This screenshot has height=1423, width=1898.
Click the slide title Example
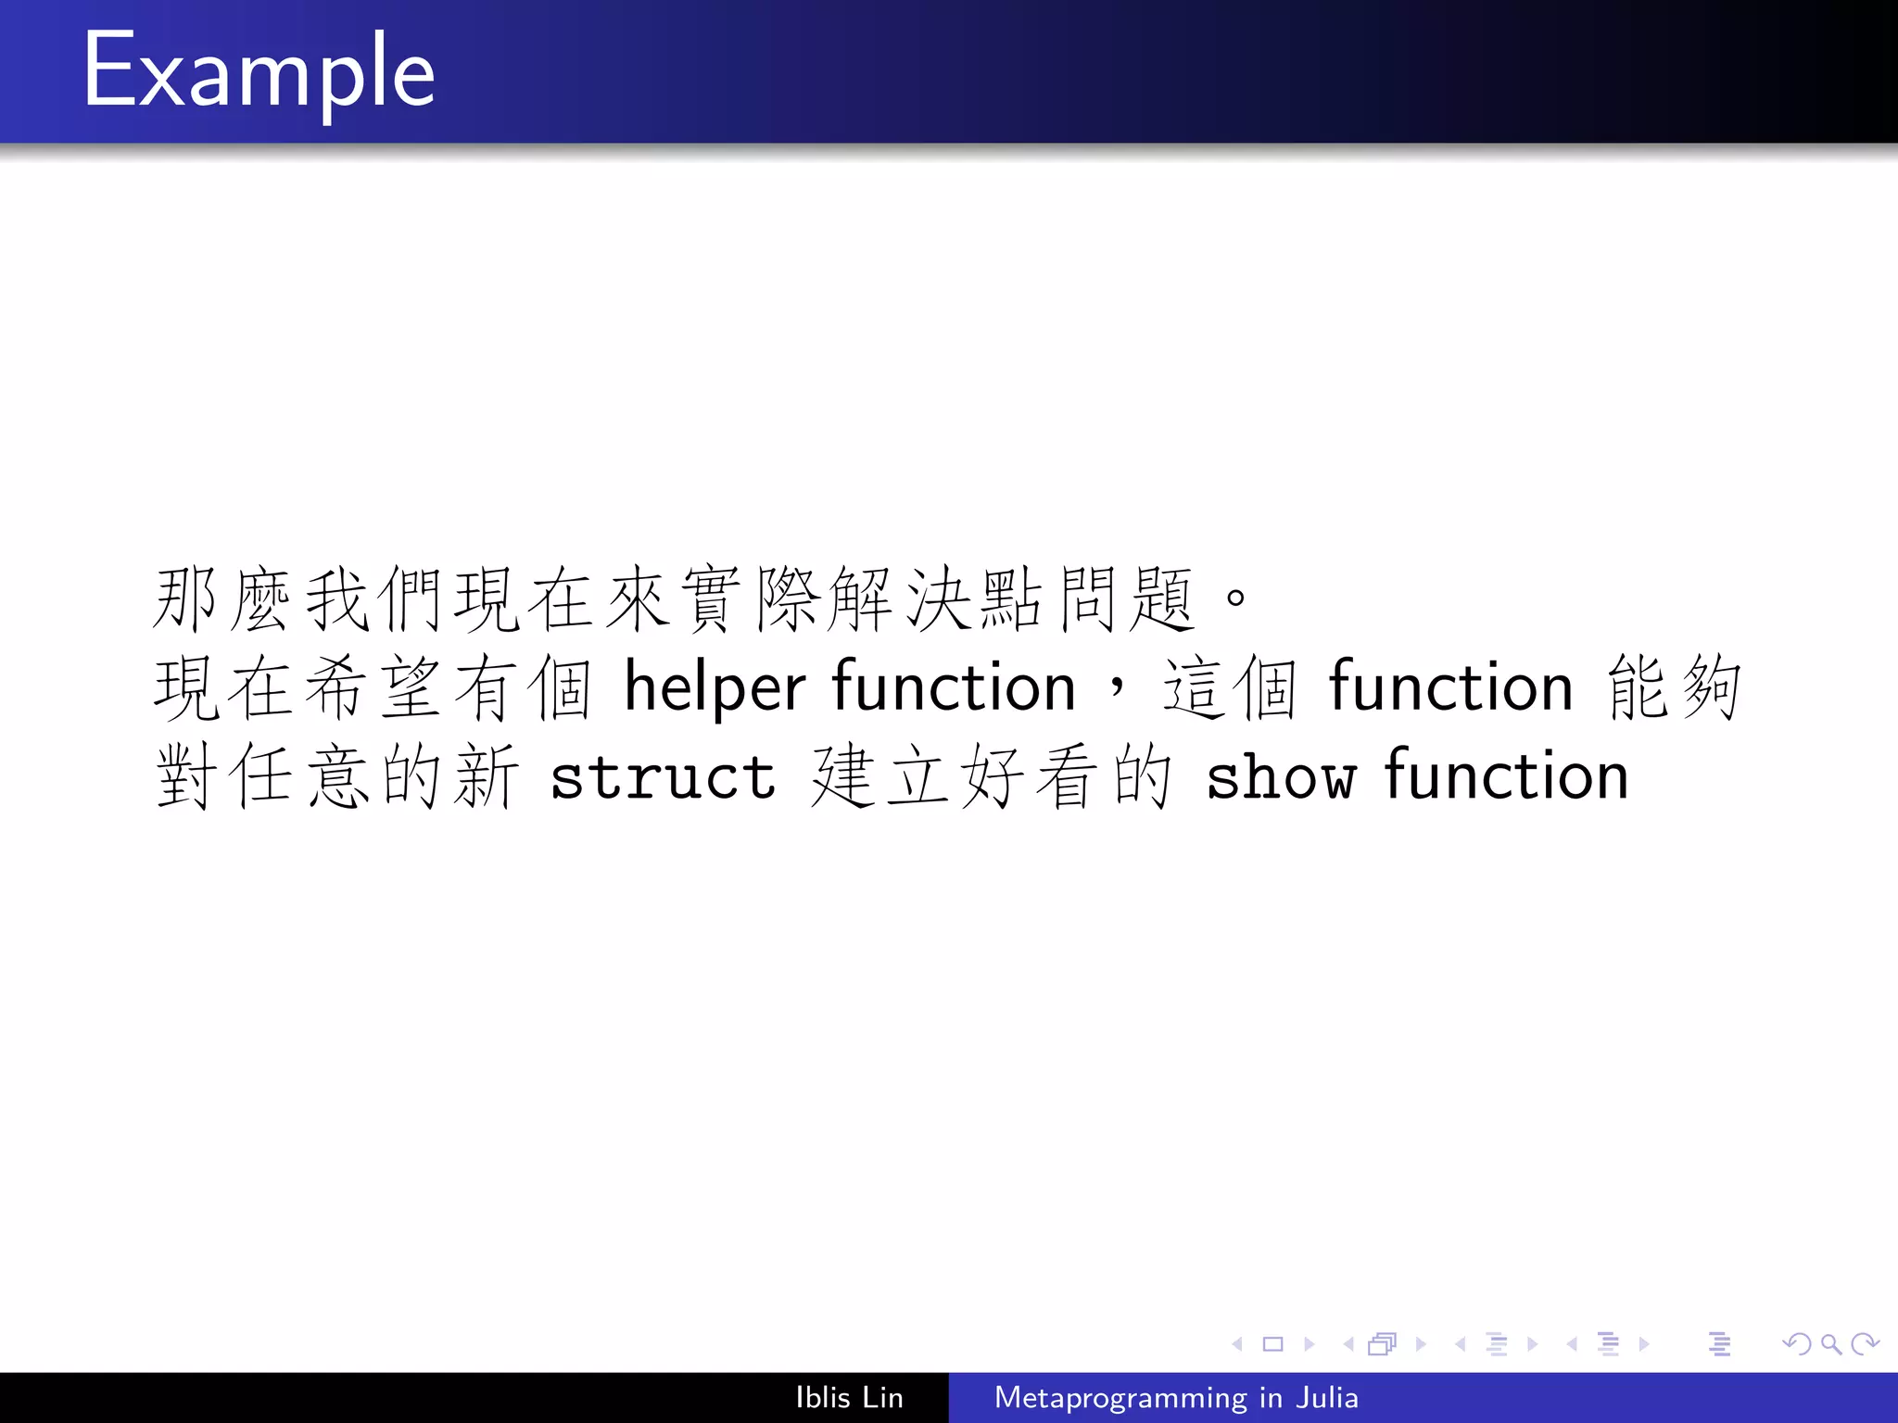pyautogui.click(x=259, y=72)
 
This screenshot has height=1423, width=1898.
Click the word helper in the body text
pyautogui.click(x=715, y=687)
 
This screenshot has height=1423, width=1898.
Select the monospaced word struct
pyautogui.click(x=663, y=776)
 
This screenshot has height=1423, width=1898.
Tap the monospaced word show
pyautogui.click(x=1281, y=776)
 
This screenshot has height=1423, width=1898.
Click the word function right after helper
pyautogui.click(x=954, y=687)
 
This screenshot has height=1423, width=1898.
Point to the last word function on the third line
pyautogui.click(x=1507, y=776)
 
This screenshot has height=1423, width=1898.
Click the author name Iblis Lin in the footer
pyautogui.click(x=849, y=1397)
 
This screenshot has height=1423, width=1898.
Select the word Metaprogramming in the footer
pyautogui.click(x=1120, y=1397)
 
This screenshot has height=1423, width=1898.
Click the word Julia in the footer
pyautogui.click(x=1327, y=1397)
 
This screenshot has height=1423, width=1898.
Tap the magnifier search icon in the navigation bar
pyautogui.click(x=1830, y=1343)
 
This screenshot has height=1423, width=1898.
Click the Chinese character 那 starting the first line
pyautogui.click(x=185, y=599)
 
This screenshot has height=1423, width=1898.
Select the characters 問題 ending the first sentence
pyautogui.click(x=1126, y=599)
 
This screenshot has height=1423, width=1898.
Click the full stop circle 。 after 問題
pyautogui.click(x=1235, y=598)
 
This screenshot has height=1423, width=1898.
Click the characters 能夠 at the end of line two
pyautogui.click(x=1675, y=687)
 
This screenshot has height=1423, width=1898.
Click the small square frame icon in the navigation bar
pyautogui.click(x=1272, y=1343)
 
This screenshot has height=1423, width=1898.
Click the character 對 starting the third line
pyautogui.click(x=185, y=776)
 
